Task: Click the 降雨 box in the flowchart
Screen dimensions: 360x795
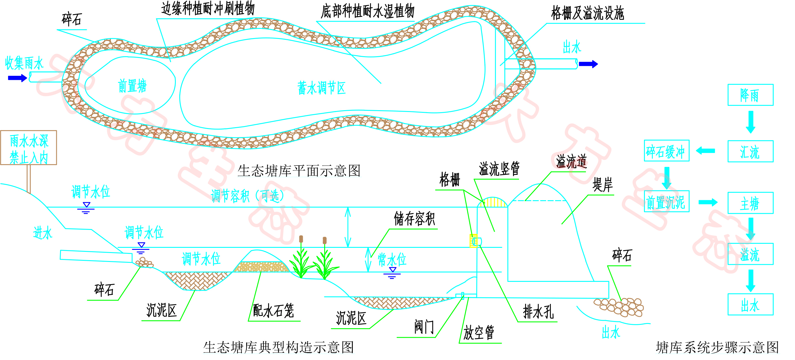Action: (750, 95)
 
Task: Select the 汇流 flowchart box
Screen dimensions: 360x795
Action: (750, 151)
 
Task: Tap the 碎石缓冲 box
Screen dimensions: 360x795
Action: (666, 151)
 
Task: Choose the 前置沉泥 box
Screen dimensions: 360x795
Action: (666, 201)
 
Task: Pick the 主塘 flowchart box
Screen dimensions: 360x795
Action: (750, 203)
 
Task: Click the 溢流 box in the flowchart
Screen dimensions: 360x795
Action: (750, 254)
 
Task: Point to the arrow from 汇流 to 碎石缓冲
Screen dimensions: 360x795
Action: (706, 151)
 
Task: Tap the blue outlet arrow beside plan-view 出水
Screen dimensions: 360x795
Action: (588, 64)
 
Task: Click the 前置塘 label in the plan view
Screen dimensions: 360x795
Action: (132, 86)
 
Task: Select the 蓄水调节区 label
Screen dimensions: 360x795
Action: (321, 88)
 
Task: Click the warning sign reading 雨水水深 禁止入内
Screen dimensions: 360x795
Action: (29, 148)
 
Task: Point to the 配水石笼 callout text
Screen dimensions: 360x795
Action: (273, 310)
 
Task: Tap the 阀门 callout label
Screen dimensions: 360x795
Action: (424, 327)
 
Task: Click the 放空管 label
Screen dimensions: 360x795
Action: (479, 332)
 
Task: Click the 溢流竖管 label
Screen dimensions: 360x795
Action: (499, 169)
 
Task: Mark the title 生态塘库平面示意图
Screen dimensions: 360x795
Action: (299, 170)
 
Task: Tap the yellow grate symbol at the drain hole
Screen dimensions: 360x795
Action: (473, 241)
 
